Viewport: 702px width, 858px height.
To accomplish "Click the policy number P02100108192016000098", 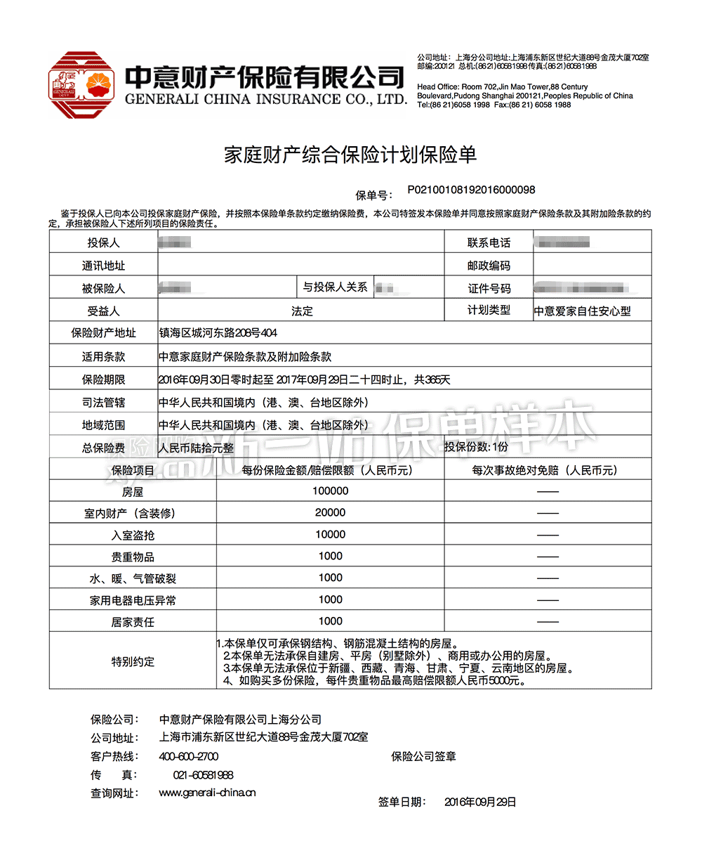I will tap(471, 190).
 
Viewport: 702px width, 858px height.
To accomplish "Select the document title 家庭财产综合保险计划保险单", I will tap(350, 155).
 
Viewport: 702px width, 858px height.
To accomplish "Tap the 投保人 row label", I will tap(103, 243).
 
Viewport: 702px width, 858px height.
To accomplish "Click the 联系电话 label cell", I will tap(489, 243).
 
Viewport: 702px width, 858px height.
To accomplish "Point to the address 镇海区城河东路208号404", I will tap(218, 332).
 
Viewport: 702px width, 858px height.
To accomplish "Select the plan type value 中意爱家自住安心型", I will tap(583, 311).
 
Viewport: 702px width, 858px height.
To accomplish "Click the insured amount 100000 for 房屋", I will tap(330, 491).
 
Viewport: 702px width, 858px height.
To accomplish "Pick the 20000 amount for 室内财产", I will tap(330, 513).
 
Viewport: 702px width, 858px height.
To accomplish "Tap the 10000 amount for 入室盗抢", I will tap(330, 535).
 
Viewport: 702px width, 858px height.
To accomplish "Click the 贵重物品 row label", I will tap(133, 557).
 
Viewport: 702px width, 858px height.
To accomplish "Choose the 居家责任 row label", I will tap(133, 622).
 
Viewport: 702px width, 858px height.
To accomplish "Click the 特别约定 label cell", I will tap(133, 661).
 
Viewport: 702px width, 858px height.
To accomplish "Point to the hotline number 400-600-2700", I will tap(189, 756).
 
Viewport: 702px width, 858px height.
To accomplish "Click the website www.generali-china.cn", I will tap(207, 793).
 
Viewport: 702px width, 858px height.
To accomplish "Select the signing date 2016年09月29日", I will tap(480, 802).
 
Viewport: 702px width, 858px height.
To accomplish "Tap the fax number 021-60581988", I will tap(203, 774).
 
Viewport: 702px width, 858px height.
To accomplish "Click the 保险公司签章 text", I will tap(423, 756).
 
